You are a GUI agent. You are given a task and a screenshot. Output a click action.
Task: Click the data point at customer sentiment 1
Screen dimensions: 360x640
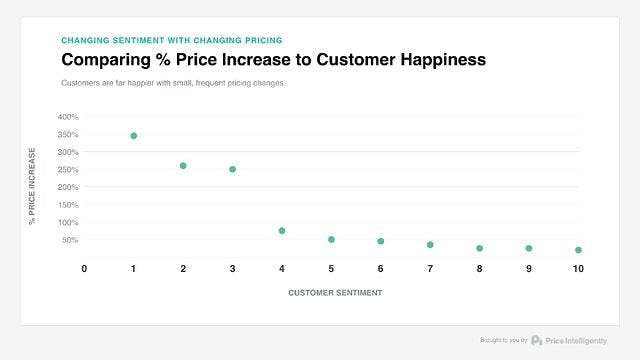click(x=133, y=135)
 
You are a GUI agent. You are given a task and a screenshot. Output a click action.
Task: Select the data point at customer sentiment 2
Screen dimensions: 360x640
click(x=183, y=165)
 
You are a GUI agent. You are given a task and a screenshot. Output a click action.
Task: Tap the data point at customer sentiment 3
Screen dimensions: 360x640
click(x=232, y=169)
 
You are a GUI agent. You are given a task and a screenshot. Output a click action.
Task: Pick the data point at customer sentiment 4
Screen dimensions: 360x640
click(x=282, y=231)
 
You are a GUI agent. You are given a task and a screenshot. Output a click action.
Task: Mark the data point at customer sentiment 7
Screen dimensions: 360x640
click(x=430, y=244)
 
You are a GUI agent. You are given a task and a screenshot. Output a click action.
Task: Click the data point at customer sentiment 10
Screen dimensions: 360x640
click(x=578, y=250)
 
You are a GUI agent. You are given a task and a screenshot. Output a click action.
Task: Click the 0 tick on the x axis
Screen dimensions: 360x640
click(x=84, y=269)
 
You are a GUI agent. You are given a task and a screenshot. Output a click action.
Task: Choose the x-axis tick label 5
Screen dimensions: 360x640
click(x=331, y=269)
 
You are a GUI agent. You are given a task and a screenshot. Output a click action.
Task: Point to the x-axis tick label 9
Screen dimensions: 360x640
click(x=529, y=269)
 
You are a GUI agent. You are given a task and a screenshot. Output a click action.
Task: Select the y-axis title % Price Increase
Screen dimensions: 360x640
click(x=32, y=185)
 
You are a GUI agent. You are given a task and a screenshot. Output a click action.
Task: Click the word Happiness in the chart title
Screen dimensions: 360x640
click(x=435, y=60)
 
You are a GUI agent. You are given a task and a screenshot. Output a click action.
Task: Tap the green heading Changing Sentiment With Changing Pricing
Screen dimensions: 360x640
click(x=171, y=40)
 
